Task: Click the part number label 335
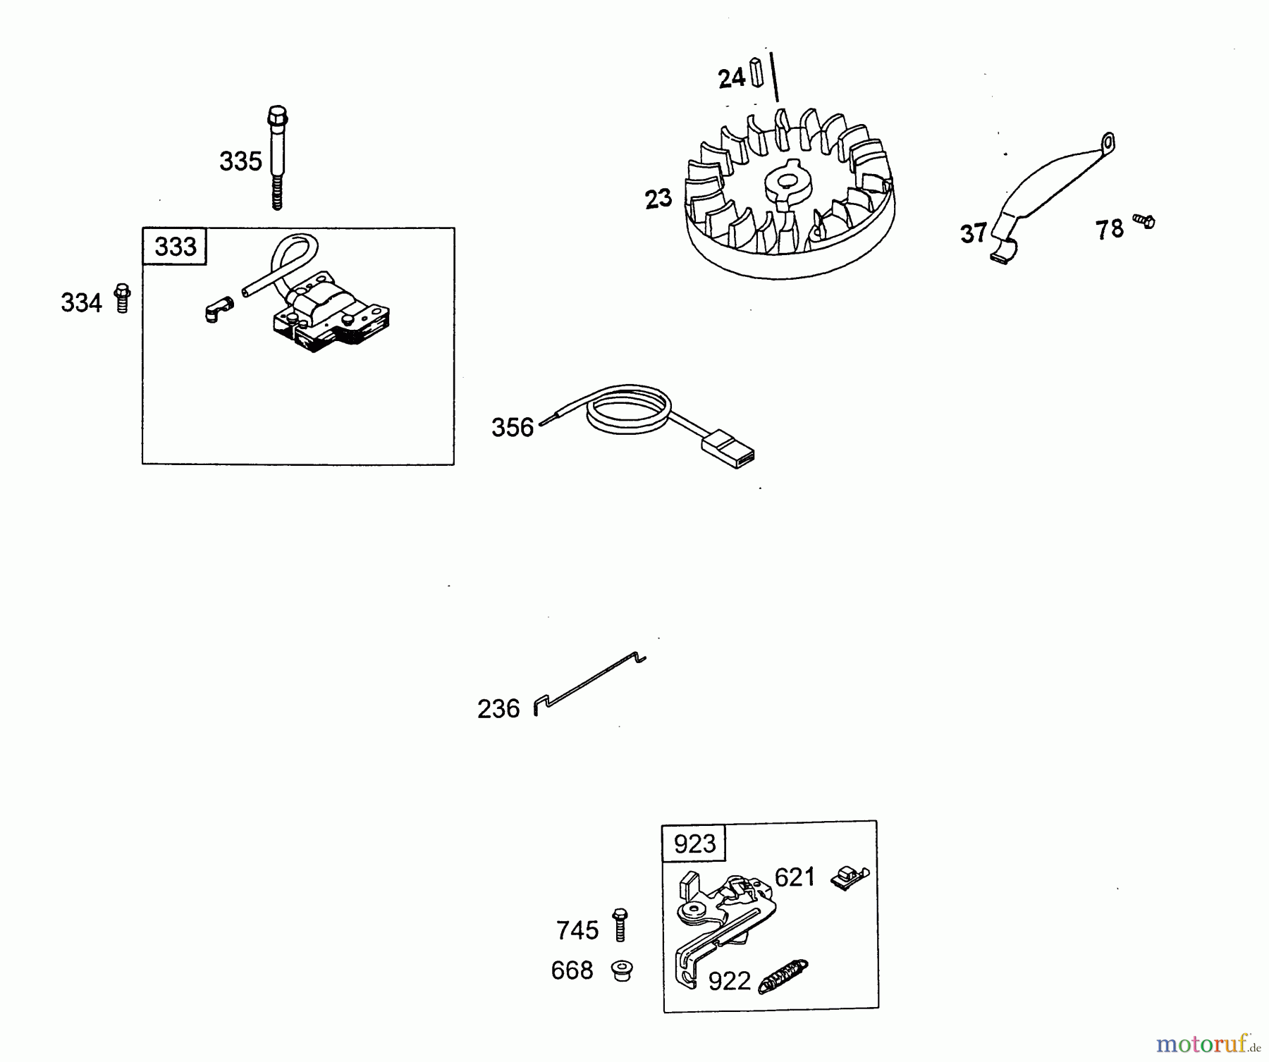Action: click(x=240, y=161)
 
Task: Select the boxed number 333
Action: click(x=175, y=247)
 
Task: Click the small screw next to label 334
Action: click(x=123, y=298)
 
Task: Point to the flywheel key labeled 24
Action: click(x=757, y=71)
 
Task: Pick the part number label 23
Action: click(x=658, y=199)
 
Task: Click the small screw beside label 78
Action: click(x=1144, y=221)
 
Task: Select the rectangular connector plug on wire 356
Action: click(x=728, y=449)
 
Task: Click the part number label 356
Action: click(x=513, y=428)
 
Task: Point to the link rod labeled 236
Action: click(x=589, y=684)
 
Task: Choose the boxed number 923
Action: click(x=694, y=843)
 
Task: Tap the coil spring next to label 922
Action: click(x=783, y=977)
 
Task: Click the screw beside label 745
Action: click(x=620, y=925)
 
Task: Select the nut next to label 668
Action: click(x=622, y=970)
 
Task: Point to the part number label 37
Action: click(x=974, y=233)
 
